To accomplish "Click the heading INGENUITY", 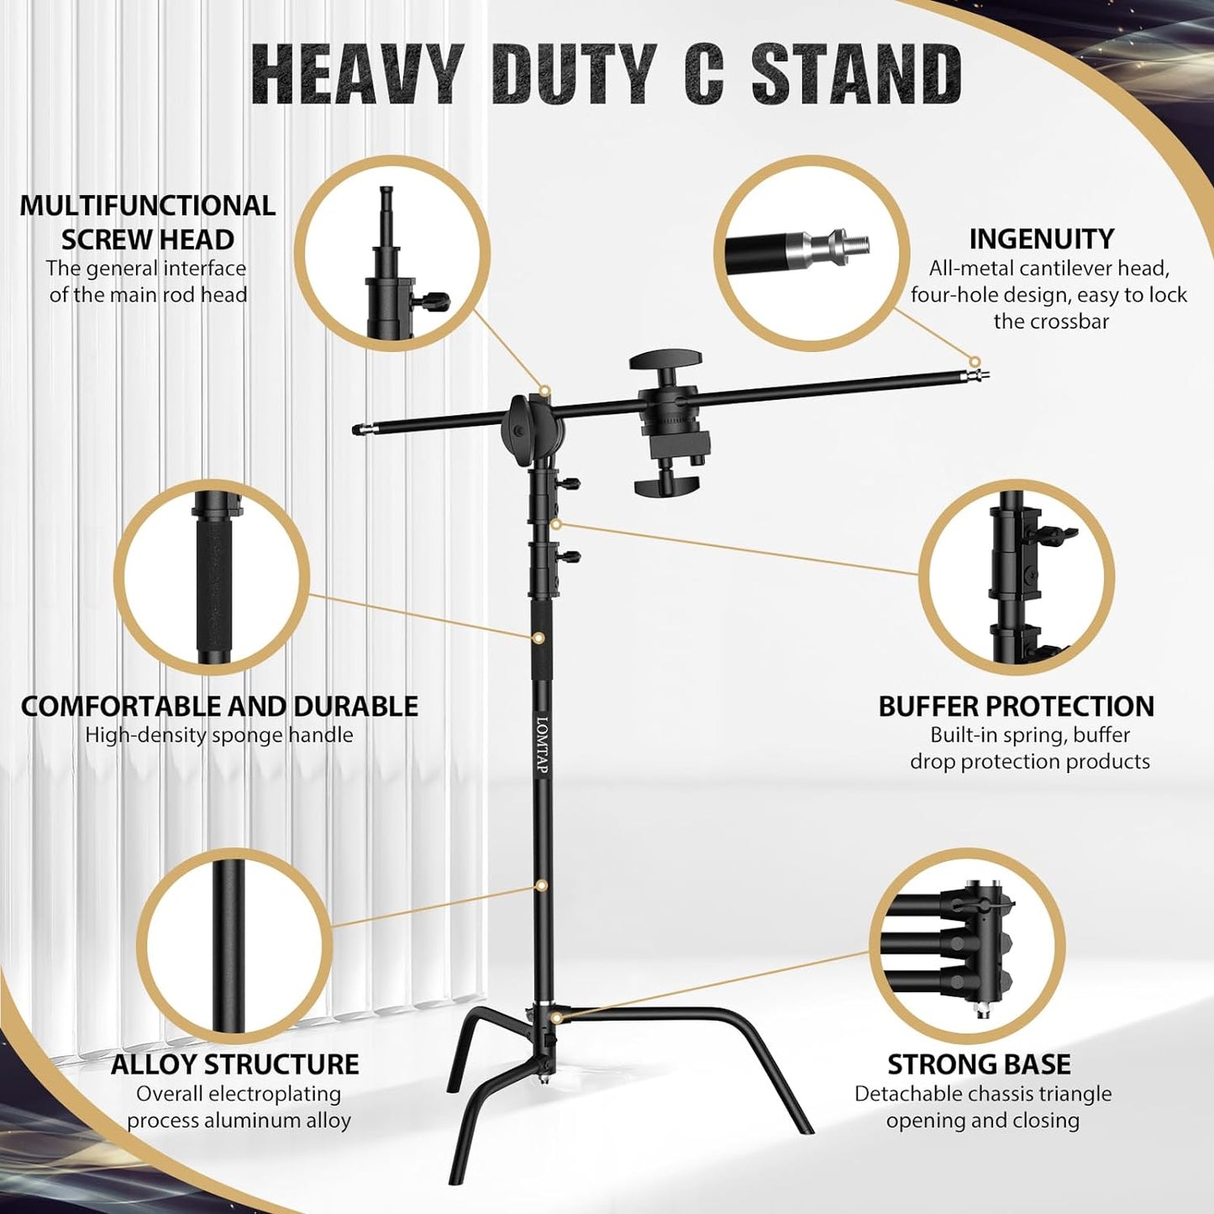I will (1041, 239).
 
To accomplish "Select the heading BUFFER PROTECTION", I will (1016, 707).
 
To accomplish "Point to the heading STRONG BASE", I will (979, 1064).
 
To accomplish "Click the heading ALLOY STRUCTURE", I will (235, 1064).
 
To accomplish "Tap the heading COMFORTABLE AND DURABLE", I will (219, 707).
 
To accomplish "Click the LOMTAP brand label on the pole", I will (542, 745).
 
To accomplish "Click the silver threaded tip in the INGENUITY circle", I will (849, 244).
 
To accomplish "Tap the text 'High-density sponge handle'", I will (219, 735).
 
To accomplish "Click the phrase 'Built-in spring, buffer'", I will (1030, 735).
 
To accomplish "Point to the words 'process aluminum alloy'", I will (239, 1120).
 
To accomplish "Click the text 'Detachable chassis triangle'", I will (983, 1094).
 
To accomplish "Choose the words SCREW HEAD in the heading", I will (148, 239).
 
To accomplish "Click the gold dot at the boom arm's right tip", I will (975, 362).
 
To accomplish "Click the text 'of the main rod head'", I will (148, 295).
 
